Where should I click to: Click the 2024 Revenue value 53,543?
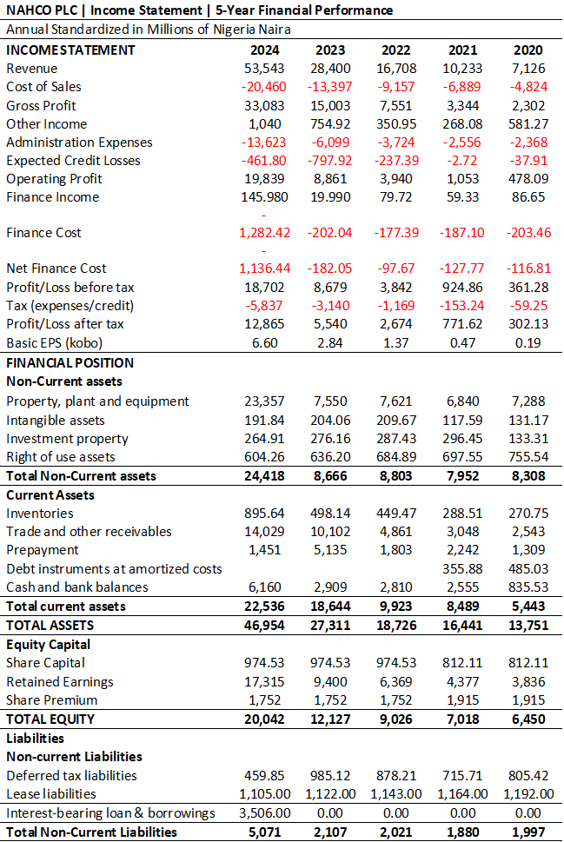(264, 69)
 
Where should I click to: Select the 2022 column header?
(396, 50)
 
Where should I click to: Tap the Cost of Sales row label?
(43, 87)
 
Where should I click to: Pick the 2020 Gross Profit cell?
(528, 106)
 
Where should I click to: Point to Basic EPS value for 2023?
(330, 343)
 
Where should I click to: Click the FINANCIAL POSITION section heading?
(70, 363)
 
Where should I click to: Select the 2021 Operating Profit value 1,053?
(462, 179)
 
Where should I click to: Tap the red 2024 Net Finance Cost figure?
(264, 268)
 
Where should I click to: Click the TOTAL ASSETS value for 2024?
(264, 626)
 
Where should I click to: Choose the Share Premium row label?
(51, 700)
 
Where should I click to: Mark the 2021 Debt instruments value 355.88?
(462, 568)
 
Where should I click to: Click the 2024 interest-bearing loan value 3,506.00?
(265, 813)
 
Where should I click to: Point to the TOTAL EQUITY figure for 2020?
(528, 719)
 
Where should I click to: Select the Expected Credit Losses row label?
(73, 161)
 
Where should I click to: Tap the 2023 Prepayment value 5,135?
(330, 550)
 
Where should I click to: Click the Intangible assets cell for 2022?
(396, 421)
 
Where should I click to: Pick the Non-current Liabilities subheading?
(74, 757)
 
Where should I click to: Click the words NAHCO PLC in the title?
(42, 10)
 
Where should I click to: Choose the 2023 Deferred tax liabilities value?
(330, 776)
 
